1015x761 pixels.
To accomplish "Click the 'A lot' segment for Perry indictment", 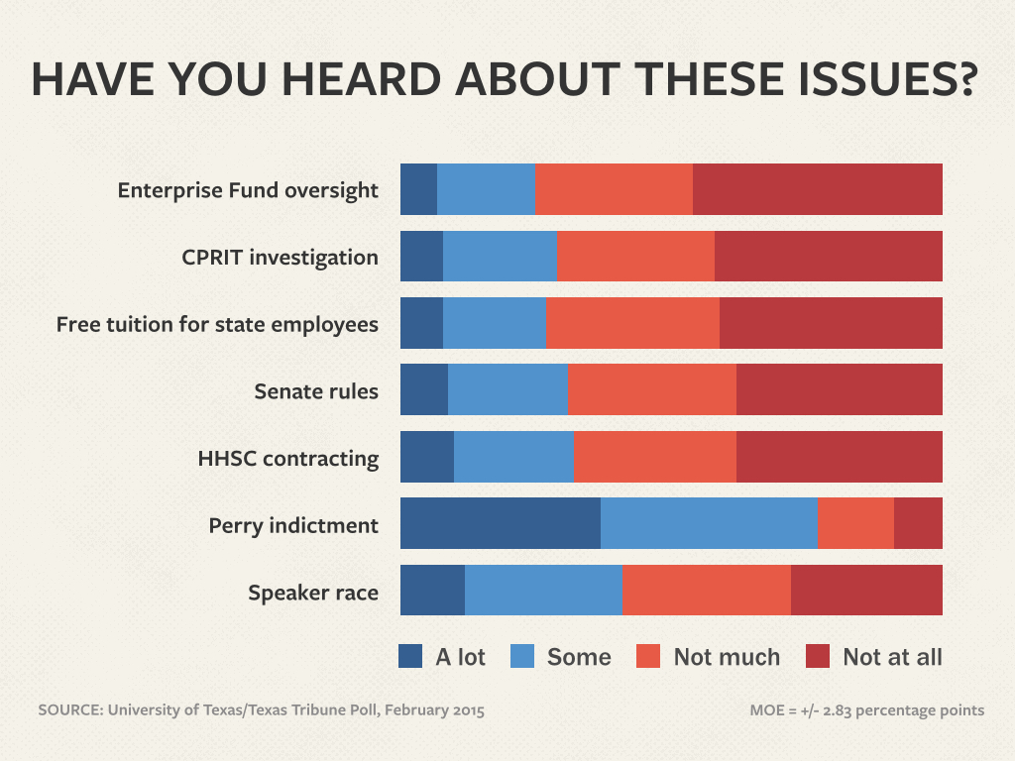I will pos(501,524).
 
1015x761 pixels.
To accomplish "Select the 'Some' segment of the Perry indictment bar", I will pos(709,524).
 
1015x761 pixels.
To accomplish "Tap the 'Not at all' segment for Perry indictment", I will pos(918,524).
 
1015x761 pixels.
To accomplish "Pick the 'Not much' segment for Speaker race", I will pos(706,591).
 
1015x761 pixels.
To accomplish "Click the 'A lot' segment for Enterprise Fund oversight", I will pos(418,189).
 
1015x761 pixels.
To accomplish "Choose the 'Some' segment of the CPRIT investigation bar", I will pos(500,257).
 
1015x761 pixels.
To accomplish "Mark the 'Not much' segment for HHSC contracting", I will pos(655,457).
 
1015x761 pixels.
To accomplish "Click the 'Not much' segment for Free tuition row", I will pos(632,323).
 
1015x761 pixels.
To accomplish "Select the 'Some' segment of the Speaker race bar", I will pos(543,591).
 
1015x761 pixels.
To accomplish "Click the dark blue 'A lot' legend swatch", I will pos(410,656).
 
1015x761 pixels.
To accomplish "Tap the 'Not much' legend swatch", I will pos(648,656).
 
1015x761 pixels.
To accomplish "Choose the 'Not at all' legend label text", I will pos(892,657).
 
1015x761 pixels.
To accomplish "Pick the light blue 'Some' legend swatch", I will pos(522,656).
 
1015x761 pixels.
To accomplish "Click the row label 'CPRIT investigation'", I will pos(280,258).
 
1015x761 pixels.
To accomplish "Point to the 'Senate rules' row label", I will pos(316,391).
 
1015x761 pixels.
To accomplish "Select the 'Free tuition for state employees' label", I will pos(217,324).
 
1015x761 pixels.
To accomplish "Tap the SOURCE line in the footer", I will pos(262,710).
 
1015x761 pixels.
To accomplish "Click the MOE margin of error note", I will pos(867,710).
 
